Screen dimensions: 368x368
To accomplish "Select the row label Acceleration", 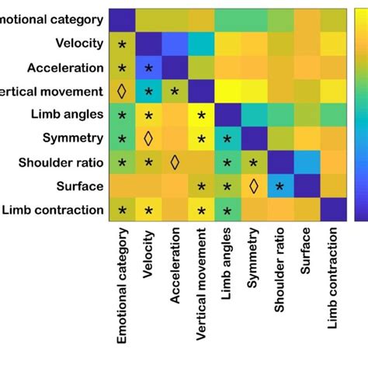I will [66, 68].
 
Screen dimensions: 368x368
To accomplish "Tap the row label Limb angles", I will [68, 115].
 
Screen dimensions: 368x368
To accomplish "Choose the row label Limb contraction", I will [54, 210].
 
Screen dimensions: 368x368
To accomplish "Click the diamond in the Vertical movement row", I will [121, 92].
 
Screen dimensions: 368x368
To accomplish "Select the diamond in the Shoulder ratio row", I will [175, 162].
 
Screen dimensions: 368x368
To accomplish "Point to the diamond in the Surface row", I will [254, 186].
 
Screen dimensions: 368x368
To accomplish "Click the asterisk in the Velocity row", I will [121, 45].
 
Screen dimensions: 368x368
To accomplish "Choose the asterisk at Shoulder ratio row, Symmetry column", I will [254, 164].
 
